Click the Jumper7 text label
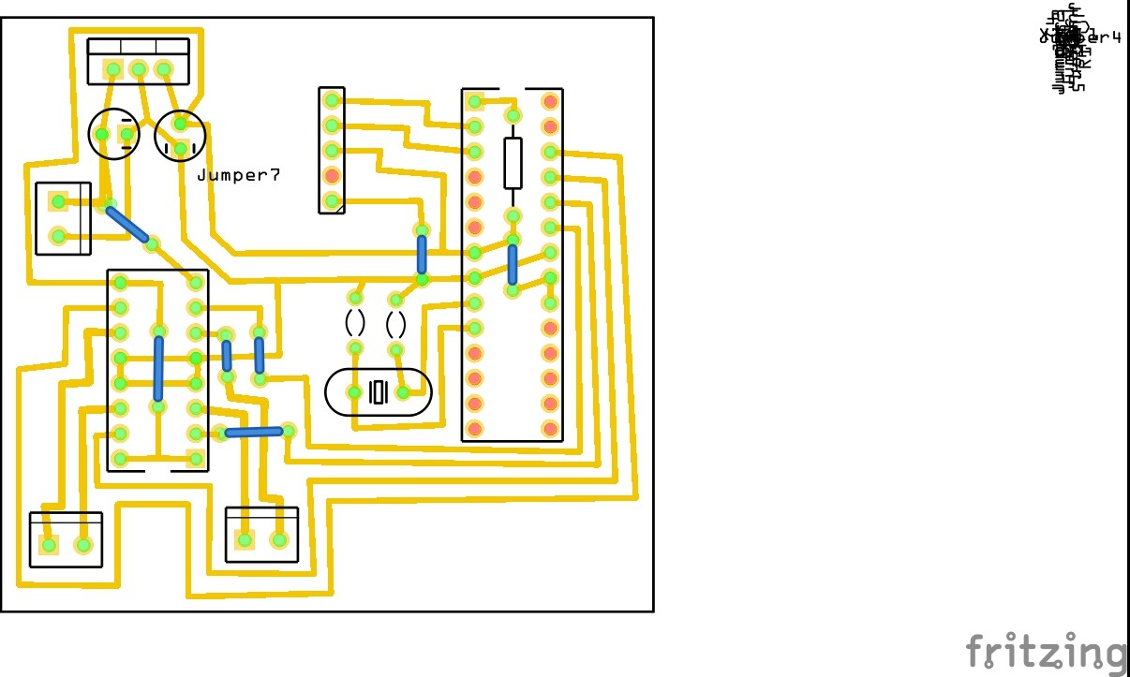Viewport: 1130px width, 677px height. pos(238,175)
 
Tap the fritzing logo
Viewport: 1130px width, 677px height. pos(1046,652)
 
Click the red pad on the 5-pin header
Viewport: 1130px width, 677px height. pos(332,175)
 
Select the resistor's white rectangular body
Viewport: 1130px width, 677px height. pos(513,163)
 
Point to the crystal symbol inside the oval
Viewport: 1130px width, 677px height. pos(379,392)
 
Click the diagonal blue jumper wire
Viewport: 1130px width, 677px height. pos(127,225)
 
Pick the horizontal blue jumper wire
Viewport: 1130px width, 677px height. pos(254,432)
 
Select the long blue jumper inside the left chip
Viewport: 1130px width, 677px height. pos(158,369)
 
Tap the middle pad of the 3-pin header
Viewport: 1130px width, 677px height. pos(138,69)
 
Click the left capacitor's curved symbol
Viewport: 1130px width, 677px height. pos(355,323)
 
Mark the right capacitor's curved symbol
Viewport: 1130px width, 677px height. pos(396,325)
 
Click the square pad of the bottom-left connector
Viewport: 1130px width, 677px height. pos(49,545)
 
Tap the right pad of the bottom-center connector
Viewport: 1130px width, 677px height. pos(278,540)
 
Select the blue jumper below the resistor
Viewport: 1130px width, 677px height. pos(513,265)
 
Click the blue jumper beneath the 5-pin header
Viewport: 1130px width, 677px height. pos(422,254)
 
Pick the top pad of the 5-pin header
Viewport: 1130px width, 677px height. pos(332,99)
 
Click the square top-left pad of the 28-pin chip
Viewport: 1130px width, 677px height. pos(475,101)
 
